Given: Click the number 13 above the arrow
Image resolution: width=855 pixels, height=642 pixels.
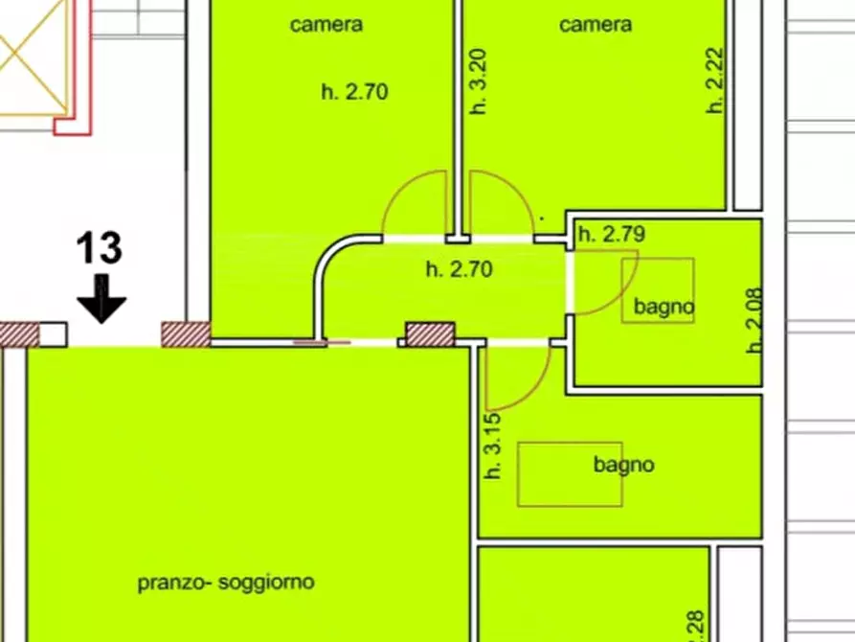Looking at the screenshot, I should tap(100, 248).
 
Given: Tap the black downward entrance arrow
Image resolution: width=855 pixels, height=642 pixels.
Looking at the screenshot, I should tap(101, 299).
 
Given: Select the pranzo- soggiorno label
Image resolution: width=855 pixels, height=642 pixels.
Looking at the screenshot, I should tap(226, 582).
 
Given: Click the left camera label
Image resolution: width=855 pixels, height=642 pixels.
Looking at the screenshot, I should tap(326, 25).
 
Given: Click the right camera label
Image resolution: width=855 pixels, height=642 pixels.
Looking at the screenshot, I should tap(596, 25).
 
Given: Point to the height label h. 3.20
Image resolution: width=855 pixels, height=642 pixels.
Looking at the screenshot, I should tap(480, 83).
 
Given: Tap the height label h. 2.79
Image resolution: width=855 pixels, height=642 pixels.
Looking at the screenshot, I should tap(612, 233).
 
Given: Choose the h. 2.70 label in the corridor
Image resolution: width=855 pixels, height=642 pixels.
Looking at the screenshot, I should tap(459, 270).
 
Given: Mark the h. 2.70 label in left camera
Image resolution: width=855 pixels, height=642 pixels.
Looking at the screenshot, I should tap(354, 93).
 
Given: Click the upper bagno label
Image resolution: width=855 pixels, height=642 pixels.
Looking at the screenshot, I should tap(664, 308).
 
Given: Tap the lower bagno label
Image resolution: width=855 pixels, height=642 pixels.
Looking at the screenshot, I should tap(624, 465).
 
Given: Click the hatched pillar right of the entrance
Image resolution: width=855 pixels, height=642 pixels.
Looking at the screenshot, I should tap(185, 333).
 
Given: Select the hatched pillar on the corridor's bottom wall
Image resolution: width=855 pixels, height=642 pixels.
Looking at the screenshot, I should tap(430, 333).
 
